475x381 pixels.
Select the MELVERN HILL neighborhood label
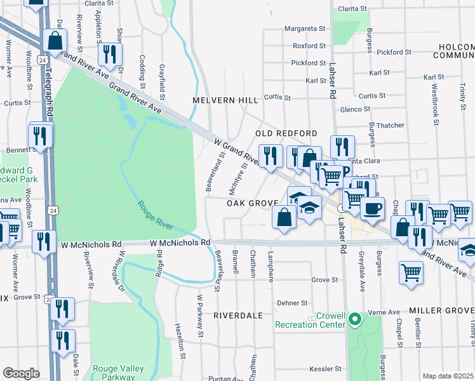[x=225, y=100]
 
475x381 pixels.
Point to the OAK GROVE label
[x=252, y=203]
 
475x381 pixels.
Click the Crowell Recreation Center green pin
[x=355, y=319]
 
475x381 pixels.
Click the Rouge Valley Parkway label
[x=118, y=373]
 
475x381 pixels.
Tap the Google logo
[x=21, y=373]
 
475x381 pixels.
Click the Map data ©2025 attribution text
[x=448, y=376]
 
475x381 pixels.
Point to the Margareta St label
[x=304, y=29]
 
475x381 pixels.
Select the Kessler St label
[x=326, y=369]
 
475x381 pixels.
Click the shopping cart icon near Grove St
[x=411, y=272]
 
